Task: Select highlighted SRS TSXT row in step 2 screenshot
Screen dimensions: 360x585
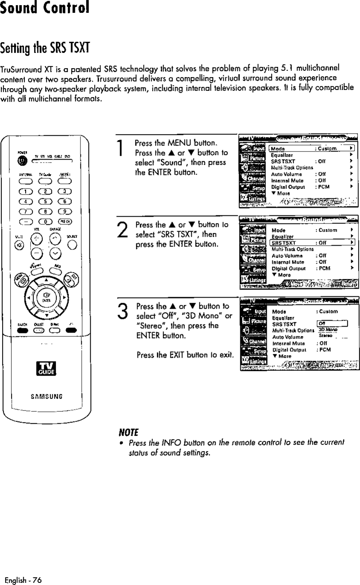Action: point(313,243)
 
